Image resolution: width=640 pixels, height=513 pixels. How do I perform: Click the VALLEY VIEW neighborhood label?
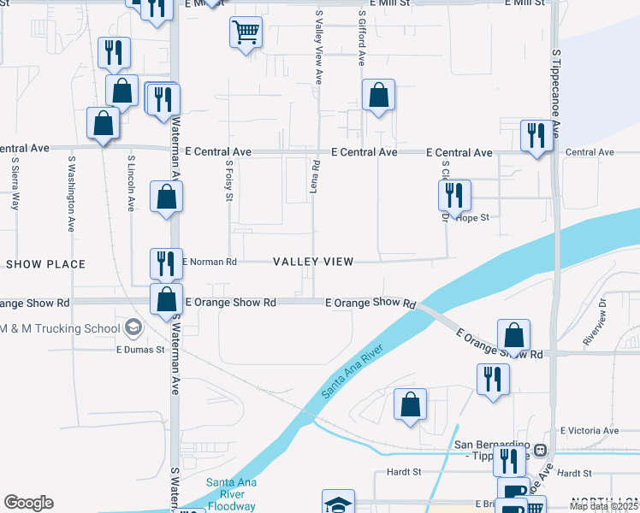(312, 262)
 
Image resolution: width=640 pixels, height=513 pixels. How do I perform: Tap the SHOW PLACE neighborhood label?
(45, 264)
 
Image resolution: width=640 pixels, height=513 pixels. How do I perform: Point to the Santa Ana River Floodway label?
(231, 493)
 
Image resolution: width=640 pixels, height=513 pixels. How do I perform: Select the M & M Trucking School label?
(60, 328)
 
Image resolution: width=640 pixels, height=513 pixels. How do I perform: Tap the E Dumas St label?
(140, 349)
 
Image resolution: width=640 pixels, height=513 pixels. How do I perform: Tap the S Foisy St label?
(229, 180)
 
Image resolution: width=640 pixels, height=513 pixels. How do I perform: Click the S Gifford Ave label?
(363, 38)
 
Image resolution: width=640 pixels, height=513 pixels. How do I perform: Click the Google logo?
(28, 503)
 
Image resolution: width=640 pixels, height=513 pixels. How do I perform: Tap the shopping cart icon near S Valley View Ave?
(246, 32)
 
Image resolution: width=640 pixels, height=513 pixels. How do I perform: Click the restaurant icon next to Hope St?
(454, 196)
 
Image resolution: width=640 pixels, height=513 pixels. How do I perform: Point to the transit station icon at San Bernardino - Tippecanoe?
(540, 450)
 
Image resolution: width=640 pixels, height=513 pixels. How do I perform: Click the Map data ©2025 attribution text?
(602, 506)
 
